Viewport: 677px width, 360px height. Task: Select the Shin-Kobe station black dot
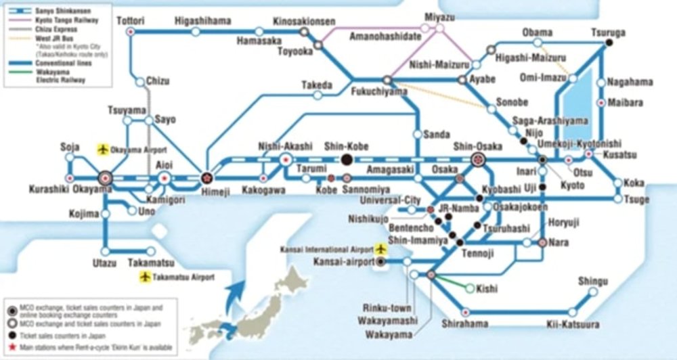tap(347, 160)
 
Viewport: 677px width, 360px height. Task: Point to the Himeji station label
tap(206, 192)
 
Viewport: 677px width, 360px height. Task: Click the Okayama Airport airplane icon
tap(103, 148)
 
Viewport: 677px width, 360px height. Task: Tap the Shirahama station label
tap(464, 324)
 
